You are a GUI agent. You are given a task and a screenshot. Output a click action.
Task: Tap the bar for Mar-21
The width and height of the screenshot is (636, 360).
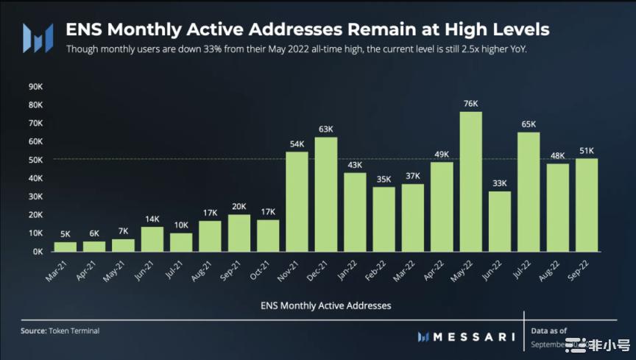click(66, 247)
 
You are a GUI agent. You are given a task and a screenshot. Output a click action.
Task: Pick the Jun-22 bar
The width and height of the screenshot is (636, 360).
click(499, 221)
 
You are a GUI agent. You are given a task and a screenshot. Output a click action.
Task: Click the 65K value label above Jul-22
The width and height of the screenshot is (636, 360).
click(528, 124)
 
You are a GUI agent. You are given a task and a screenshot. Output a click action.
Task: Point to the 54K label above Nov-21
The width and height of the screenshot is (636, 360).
click(297, 144)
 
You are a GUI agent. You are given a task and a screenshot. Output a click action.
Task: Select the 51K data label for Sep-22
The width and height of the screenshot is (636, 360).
click(586, 150)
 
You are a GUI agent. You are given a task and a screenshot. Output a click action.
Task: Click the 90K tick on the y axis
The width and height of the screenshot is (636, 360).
click(35, 86)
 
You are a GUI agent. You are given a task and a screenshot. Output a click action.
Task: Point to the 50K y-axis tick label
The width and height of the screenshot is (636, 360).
click(35, 160)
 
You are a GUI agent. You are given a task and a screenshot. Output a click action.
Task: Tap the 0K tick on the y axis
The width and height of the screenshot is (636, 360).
click(37, 252)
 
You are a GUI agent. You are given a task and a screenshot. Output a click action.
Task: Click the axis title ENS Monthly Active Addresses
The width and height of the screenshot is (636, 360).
click(325, 305)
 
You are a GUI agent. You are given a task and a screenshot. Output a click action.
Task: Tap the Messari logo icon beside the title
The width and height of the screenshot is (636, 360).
click(37, 38)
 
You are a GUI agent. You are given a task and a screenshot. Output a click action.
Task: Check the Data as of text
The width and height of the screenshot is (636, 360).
click(551, 331)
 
